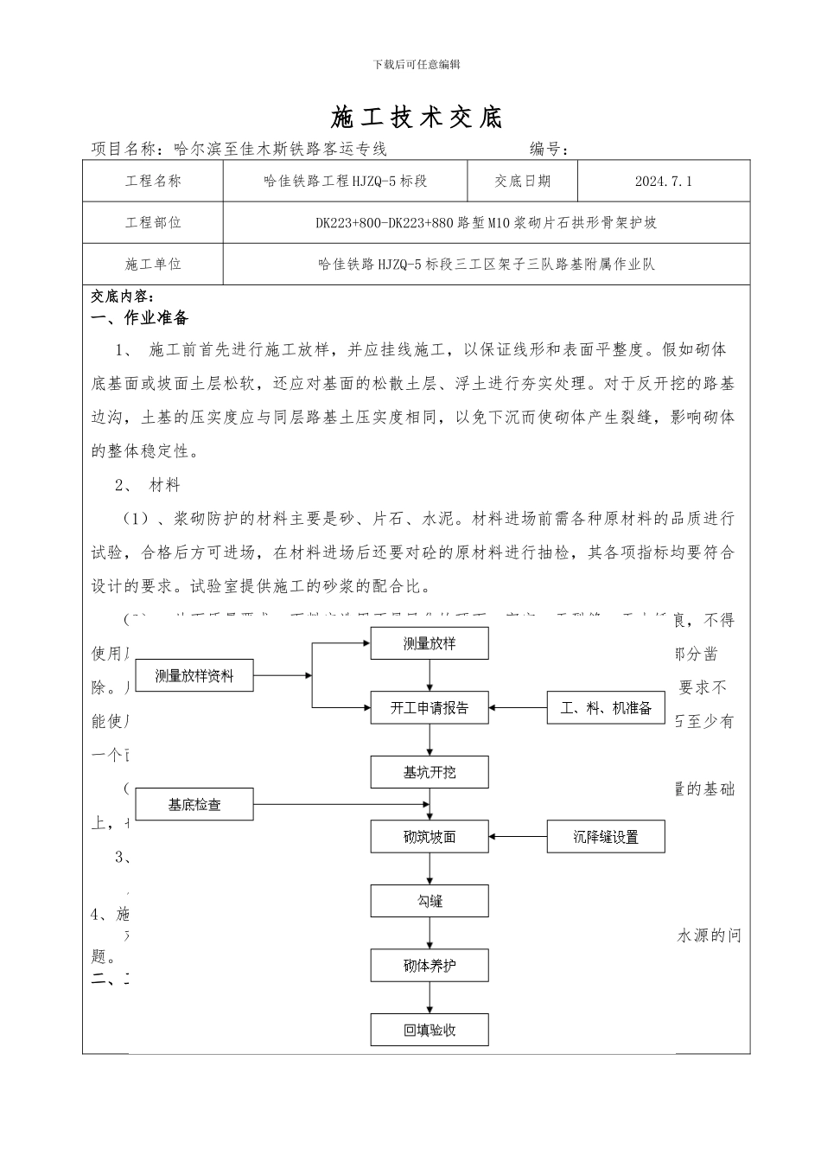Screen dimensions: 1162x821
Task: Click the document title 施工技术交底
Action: click(x=417, y=118)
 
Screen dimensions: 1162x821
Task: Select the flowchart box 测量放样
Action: click(x=430, y=644)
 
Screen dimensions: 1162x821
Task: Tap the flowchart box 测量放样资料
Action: click(x=194, y=675)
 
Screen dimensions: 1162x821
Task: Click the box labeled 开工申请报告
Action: click(x=430, y=708)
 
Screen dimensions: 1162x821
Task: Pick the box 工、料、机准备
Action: click(x=606, y=708)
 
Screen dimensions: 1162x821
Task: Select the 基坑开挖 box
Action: click(x=430, y=772)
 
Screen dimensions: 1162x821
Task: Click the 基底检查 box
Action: click(x=194, y=805)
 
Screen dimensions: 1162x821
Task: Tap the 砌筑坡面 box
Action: click(x=430, y=837)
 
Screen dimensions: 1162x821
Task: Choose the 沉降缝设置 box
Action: click(x=606, y=837)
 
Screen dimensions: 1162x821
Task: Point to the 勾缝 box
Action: click(x=430, y=901)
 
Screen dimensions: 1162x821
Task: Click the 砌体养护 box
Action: click(x=430, y=966)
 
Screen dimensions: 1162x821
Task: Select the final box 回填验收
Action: click(x=430, y=1030)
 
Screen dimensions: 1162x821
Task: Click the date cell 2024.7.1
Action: click(x=663, y=182)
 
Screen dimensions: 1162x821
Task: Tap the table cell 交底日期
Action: click(x=522, y=182)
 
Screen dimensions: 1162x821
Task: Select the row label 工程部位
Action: click(x=153, y=222)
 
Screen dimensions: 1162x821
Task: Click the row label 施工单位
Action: click(x=153, y=264)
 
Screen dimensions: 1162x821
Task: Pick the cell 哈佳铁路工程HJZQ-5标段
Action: click(x=345, y=182)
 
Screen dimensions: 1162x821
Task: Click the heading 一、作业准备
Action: click(x=140, y=318)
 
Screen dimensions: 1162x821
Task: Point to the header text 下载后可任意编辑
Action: click(x=417, y=64)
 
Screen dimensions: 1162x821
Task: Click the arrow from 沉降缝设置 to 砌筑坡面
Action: click(x=519, y=837)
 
